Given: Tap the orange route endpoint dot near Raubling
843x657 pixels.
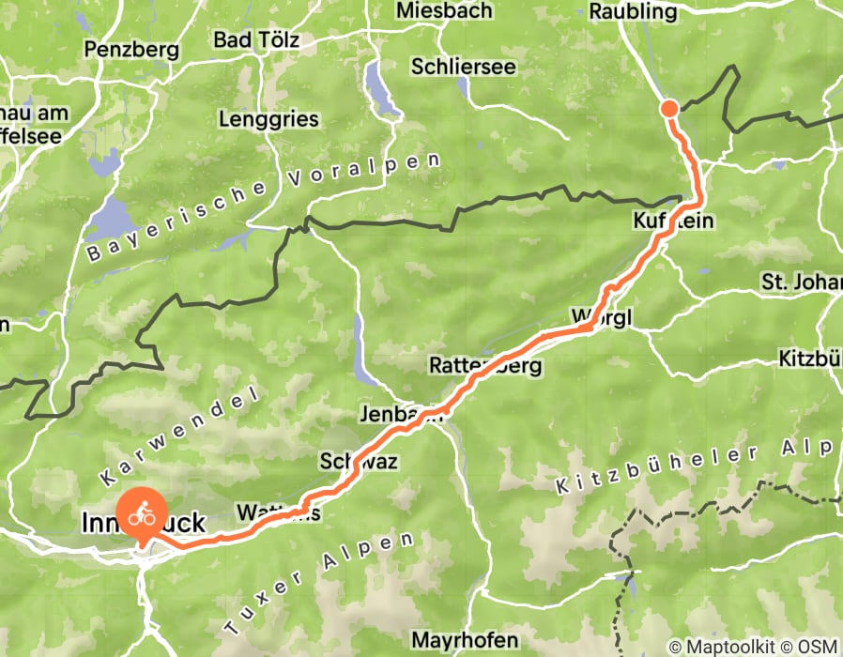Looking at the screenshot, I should pos(669,108).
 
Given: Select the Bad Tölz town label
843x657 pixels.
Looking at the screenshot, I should pos(256,40).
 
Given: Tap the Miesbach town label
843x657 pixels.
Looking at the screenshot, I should pos(445,11).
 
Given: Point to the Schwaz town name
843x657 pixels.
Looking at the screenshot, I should pos(360,462).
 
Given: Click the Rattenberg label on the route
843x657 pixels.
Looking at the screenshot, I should pos(485,365).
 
